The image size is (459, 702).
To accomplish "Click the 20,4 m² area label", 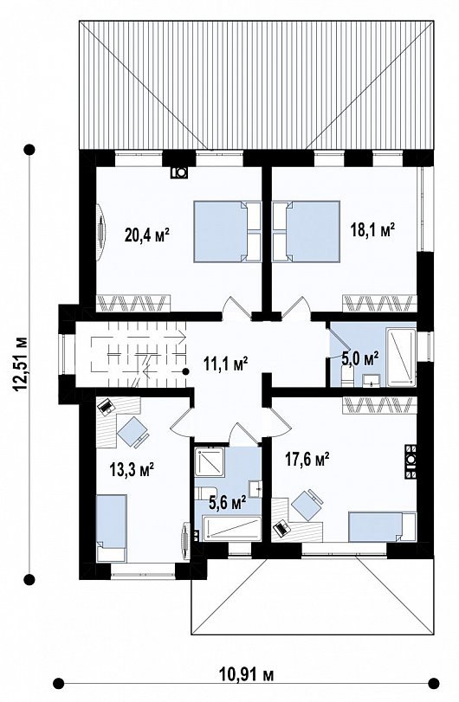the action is tap(147, 234).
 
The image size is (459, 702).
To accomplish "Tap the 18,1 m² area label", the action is tap(372, 229).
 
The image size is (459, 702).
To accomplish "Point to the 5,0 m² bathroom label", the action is tap(360, 357).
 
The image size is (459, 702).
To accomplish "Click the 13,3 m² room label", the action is tap(133, 470).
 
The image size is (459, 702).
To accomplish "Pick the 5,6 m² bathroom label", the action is tap(228, 502).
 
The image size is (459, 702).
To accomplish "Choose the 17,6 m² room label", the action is tap(307, 459).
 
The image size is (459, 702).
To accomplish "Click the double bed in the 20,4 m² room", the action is tap(227, 231).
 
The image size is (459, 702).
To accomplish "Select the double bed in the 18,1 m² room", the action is tap(307, 231).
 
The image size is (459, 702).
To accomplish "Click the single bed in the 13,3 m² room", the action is tap(111, 527).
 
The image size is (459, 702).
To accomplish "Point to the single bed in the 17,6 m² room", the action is tap(383, 526).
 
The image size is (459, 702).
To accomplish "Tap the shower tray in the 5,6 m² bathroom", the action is tap(210, 461).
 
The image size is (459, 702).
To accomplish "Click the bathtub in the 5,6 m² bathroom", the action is tap(231, 528).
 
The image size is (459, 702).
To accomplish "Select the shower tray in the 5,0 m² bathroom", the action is tap(401, 357).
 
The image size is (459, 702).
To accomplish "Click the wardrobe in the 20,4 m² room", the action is tap(133, 303).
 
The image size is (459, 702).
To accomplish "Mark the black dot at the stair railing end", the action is tap(185, 370).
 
